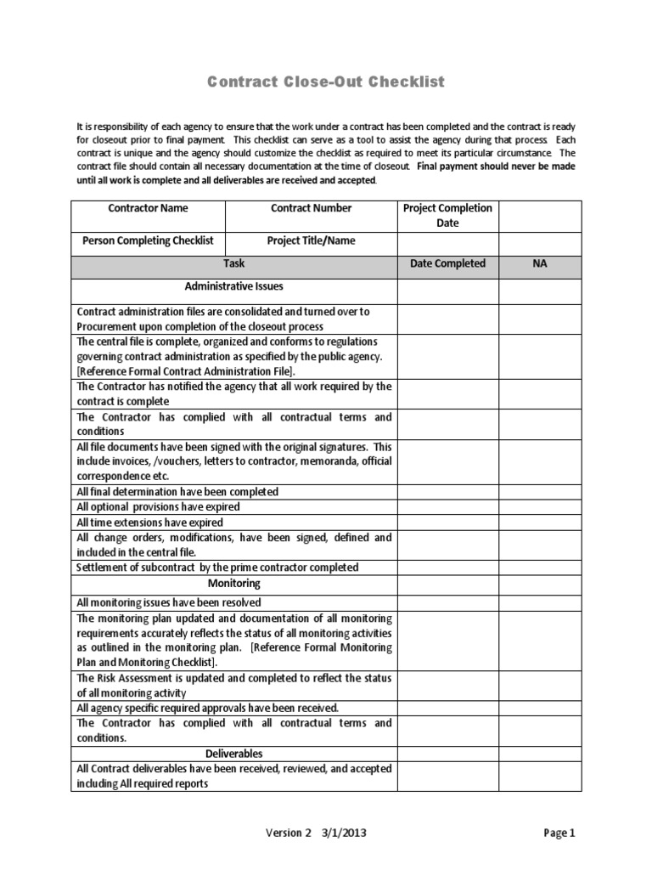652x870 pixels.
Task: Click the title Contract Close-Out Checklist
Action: [x=327, y=82]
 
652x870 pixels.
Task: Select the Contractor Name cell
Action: [x=149, y=208]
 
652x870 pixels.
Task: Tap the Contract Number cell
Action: [x=311, y=208]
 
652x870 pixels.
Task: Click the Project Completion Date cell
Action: [x=447, y=216]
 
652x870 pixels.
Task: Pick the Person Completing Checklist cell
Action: [x=149, y=240]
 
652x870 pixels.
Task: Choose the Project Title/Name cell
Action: [x=311, y=240]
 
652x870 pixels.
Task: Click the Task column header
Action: [x=233, y=264]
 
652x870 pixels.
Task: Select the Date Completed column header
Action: [x=447, y=264]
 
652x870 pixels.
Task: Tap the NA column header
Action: [x=540, y=264]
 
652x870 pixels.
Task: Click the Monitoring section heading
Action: [x=233, y=584]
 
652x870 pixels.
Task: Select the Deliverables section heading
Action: [x=233, y=754]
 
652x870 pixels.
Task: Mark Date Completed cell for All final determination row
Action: [x=447, y=492]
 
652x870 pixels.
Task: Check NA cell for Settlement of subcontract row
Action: [x=540, y=567]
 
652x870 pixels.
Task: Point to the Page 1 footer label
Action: [x=559, y=833]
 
